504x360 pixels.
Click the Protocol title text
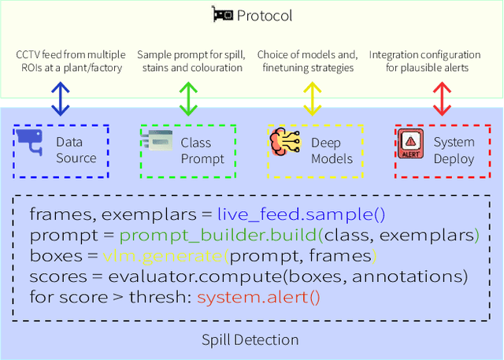[x=264, y=16]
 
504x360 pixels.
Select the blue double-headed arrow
[x=61, y=98]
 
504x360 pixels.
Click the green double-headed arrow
[x=187, y=98]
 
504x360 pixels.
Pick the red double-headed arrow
[x=442, y=98]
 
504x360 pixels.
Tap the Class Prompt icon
[x=157, y=143]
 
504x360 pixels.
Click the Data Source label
[x=76, y=150]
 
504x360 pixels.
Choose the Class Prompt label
[x=202, y=150]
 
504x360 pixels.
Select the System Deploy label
[x=454, y=150]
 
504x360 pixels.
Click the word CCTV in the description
[x=31, y=54]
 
